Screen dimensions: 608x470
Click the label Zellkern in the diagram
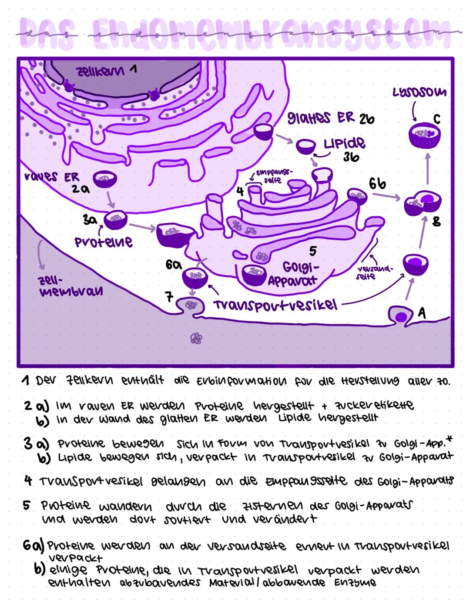[x=100, y=71]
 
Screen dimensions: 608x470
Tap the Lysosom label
[x=419, y=92]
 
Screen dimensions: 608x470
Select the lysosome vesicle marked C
[x=424, y=135]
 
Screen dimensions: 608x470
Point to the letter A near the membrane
[x=422, y=312]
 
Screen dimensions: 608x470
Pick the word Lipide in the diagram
[x=344, y=143]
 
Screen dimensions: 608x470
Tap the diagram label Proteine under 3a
[x=103, y=242]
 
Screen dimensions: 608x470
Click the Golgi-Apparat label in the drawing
[x=299, y=273]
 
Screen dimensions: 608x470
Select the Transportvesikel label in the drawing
[x=275, y=304]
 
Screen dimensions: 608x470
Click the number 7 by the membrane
[x=169, y=297]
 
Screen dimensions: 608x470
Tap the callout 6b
[x=377, y=184]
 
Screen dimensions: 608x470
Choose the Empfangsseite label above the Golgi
[x=273, y=176]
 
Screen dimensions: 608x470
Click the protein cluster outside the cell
[x=196, y=338]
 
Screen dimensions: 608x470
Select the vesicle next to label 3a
[x=115, y=218]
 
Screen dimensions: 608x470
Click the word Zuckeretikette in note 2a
[x=374, y=406]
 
